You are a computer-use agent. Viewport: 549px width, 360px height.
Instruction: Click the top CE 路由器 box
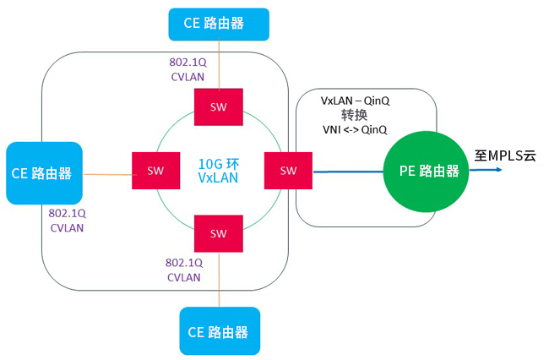[x=219, y=25]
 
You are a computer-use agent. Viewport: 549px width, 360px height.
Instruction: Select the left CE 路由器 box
[x=45, y=173]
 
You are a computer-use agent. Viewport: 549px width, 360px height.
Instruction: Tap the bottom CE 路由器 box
[x=220, y=331]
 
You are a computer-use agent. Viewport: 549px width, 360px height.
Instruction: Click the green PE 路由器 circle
[x=427, y=172]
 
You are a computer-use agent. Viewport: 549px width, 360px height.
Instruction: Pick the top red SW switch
[x=219, y=106]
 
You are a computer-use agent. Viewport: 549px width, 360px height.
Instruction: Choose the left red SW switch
[x=155, y=171]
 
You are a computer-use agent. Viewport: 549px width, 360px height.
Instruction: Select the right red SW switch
[x=288, y=171]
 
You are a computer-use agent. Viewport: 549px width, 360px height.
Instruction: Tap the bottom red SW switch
[x=219, y=233]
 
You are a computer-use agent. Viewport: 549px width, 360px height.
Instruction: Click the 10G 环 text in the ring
[x=219, y=164]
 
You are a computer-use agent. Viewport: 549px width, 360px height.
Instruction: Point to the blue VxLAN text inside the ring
[x=218, y=178]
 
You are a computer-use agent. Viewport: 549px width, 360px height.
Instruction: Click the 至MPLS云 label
[x=505, y=155]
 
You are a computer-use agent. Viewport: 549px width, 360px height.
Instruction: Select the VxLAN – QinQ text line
[x=355, y=101]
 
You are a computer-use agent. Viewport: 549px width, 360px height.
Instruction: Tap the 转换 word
[x=355, y=115]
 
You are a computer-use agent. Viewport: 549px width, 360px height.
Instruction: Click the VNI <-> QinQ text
[x=355, y=130]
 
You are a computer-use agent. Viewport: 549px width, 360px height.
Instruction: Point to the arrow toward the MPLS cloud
[x=486, y=170]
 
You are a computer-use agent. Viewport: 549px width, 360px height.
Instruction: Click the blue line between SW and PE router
[x=348, y=172]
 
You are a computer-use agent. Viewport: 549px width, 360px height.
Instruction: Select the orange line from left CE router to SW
[x=110, y=174]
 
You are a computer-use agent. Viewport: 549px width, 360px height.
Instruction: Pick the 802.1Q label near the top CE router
[x=188, y=63]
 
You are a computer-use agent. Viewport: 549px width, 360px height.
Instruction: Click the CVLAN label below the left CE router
[x=67, y=228]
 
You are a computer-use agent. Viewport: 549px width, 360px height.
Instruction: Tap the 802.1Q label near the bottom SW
[x=184, y=263]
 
